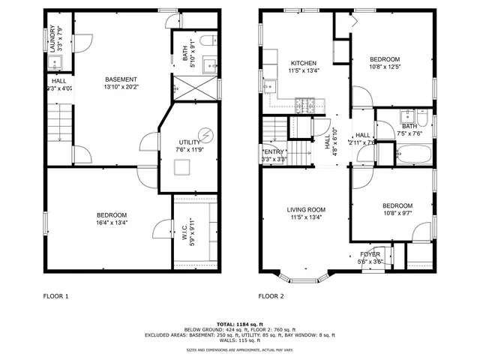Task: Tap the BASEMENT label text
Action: pos(120,79)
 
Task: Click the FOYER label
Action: pos(370,254)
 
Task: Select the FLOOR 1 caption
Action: pos(55,296)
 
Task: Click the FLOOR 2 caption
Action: pos(271,296)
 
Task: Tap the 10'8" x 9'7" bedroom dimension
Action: pos(397,214)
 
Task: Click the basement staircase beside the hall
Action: pos(58,123)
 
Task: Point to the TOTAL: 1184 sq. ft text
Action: pos(240,323)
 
